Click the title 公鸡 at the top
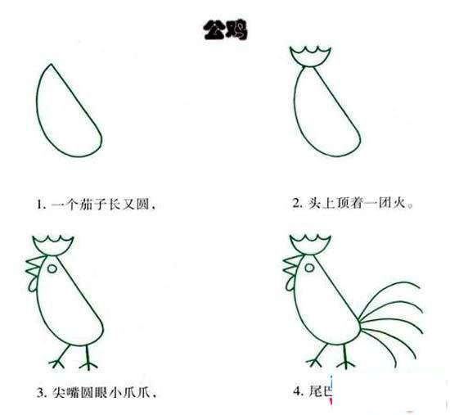(x=225, y=31)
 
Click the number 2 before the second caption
(x=296, y=202)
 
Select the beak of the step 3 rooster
(x=32, y=267)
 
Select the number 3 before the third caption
(x=38, y=391)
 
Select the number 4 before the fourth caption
(x=296, y=391)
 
